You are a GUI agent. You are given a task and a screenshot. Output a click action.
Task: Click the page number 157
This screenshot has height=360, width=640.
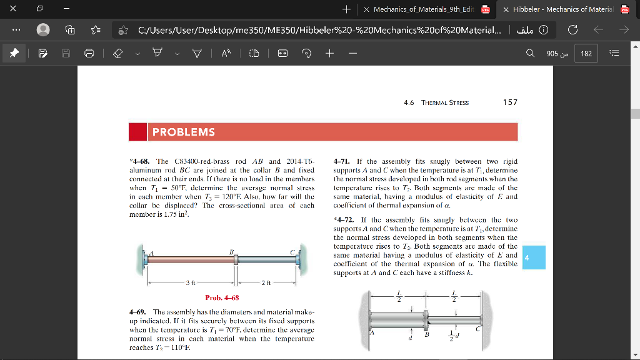(x=510, y=102)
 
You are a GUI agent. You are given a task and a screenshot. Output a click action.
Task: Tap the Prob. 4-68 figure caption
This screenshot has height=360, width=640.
(x=222, y=297)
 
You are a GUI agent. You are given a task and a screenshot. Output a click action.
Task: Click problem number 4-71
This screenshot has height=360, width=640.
(x=344, y=161)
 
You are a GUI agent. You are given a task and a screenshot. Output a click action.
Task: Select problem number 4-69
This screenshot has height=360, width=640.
(x=137, y=311)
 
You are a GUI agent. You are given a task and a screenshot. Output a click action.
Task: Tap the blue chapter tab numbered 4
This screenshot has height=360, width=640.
(x=527, y=257)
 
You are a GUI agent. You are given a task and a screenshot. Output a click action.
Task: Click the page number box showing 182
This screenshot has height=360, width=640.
(x=586, y=54)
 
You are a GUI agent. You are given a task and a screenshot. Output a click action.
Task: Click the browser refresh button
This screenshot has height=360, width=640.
(x=573, y=30)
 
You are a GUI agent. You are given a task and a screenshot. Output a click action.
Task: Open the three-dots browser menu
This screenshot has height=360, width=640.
(x=16, y=30)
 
